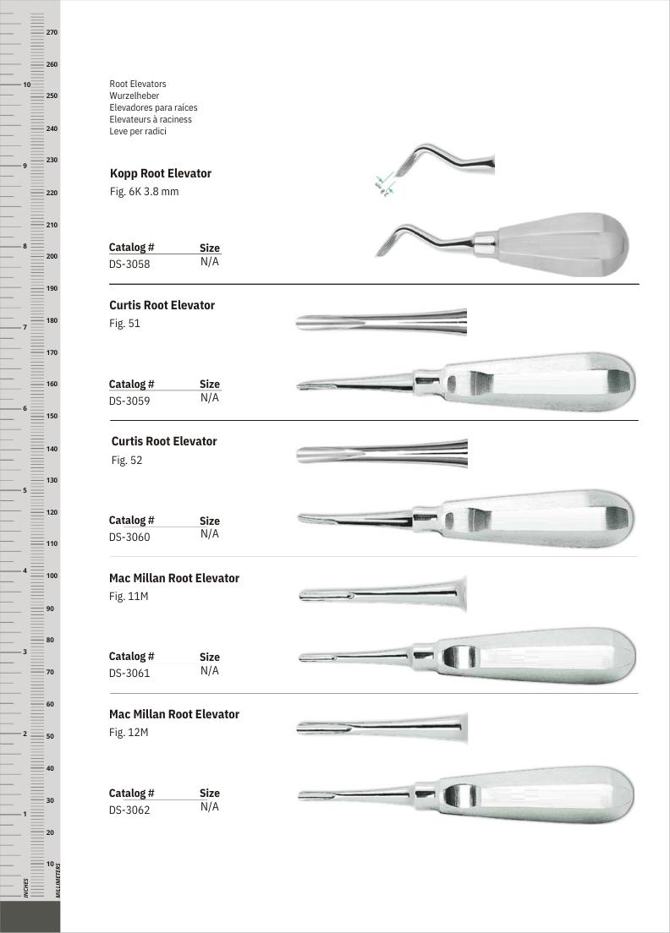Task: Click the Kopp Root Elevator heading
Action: tap(161, 173)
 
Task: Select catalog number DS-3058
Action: tap(129, 264)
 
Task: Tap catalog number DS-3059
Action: tap(129, 401)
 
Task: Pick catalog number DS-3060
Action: tap(129, 537)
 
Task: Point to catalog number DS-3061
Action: tap(129, 674)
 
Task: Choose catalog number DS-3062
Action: tap(129, 810)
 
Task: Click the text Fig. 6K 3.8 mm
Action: tap(144, 192)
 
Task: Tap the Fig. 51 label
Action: tap(124, 324)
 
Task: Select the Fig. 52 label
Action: tap(126, 461)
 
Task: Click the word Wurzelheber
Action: tap(135, 96)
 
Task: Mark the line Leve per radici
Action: tap(138, 132)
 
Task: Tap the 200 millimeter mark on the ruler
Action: tap(52, 256)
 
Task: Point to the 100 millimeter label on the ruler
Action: tap(52, 576)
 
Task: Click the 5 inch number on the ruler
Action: tap(26, 490)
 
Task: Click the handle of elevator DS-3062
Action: tap(541, 794)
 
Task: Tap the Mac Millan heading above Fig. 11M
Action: tap(174, 578)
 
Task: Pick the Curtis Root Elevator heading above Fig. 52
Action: tap(164, 441)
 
